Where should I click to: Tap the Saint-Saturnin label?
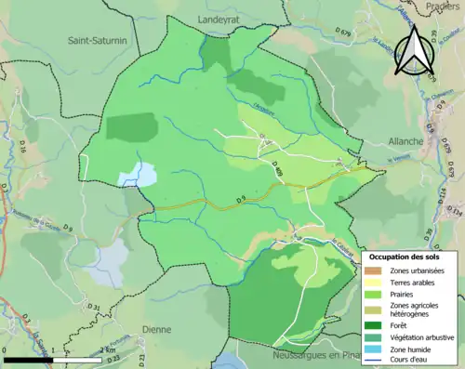tap(98, 40)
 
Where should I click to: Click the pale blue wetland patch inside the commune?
tap(137, 174)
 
